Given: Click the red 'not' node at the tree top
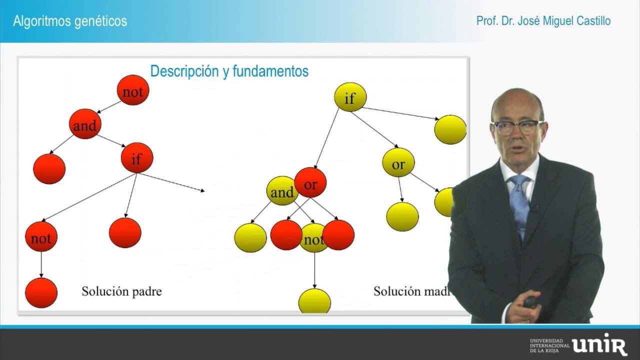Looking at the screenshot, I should tap(132, 91).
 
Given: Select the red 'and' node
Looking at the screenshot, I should tap(85, 126).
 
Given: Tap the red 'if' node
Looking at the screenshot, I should tap(136, 159).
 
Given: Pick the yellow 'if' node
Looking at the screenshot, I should tap(350, 98).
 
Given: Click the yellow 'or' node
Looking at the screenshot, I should tap(398, 164).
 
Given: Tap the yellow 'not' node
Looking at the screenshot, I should tap(314, 240).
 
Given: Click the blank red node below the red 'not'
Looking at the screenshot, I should tap(41, 292).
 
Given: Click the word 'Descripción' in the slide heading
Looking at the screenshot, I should tap(183, 71).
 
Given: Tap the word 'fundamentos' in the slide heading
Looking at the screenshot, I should tap(274, 71).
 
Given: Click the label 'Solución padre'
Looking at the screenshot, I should tap(121, 291).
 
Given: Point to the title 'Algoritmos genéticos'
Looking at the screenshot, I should tap(70, 21).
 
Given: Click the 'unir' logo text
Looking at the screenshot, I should tap(599, 345).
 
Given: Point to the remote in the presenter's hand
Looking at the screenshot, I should tap(530, 301).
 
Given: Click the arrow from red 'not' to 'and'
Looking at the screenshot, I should tap(108, 107).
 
